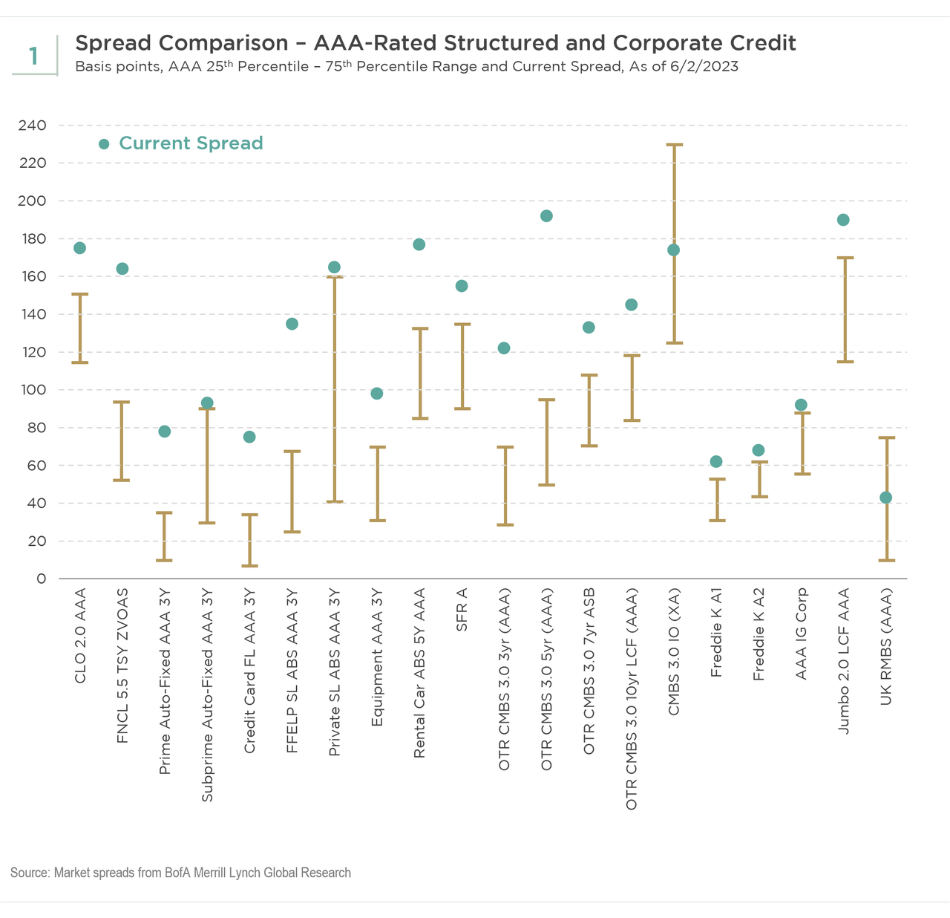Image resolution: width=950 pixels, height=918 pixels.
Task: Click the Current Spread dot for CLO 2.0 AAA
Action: click(79, 248)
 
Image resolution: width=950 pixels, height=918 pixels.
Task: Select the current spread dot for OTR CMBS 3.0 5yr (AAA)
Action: click(546, 216)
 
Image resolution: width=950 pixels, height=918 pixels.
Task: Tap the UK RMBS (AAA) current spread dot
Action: click(885, 498)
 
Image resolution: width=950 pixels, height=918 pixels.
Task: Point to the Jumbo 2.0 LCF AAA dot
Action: click(843, 220)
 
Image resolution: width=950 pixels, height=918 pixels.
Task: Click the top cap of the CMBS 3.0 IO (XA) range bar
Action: click(674, 145)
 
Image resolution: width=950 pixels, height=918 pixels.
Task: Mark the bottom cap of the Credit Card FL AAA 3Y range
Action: click(249, 566)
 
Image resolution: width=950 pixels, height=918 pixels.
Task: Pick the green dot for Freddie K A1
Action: click(716, 461)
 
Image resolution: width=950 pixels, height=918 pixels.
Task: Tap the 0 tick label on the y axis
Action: click(42, 579)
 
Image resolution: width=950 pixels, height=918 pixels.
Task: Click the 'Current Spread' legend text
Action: click(191, 143)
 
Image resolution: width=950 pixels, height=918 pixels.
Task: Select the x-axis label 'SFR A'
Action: click(462, 610)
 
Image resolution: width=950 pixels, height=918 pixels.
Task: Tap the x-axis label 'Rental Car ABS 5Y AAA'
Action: click(419, 673)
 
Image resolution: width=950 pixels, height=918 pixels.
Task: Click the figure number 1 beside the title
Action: click(33, 56)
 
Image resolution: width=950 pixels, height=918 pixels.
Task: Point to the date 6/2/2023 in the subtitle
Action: click(700, 67)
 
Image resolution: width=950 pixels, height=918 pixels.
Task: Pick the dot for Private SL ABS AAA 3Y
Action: click(334, 267)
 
